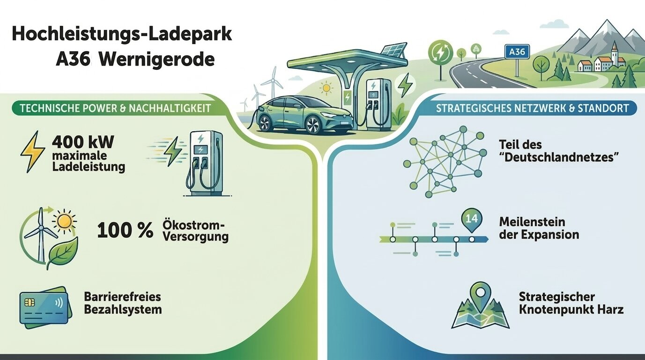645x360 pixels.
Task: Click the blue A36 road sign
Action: click(x=517, y=52)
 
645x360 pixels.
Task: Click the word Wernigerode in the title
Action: click(x=157, y=60)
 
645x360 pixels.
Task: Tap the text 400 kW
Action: click(x=83, y=142)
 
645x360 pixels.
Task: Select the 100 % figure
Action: click(x=125, y=230)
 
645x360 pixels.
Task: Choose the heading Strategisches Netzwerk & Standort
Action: click(x=532, y=109)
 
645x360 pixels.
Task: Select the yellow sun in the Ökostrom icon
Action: click(x=64, y=220)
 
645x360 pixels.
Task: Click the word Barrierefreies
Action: click(x=122, y=297)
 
